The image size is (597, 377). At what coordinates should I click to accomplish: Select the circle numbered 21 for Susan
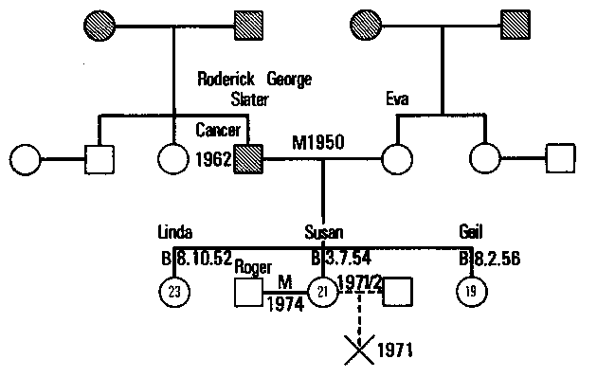click(324, 292)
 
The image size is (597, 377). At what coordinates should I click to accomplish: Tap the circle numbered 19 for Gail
click(470, 292)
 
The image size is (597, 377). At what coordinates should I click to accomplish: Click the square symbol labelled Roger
click(247, 292)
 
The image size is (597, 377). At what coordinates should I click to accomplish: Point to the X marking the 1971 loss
click(357, 351)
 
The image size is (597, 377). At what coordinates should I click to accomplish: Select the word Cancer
click(221, 129)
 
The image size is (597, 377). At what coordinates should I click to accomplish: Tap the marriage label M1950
click(317, 141)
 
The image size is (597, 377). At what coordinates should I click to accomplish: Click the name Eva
click(399, 99)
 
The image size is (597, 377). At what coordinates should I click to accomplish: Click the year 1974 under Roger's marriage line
click(284, 305)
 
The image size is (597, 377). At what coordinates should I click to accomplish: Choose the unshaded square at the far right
click(562, 158)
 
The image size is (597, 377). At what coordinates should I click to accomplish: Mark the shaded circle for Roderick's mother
click(99, 22)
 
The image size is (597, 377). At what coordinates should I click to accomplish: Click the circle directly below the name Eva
click(397, 158)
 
